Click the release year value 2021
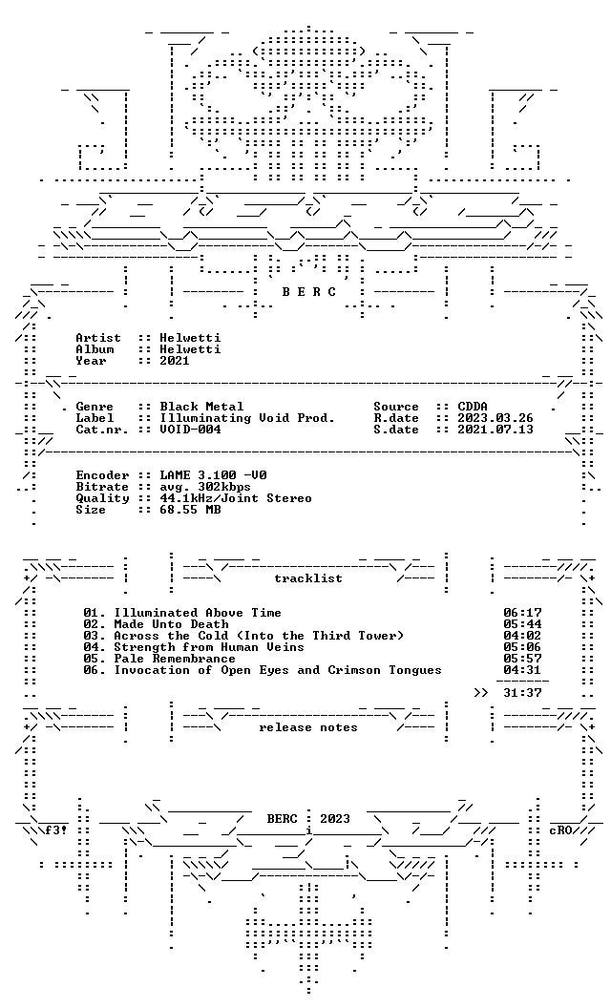(x=175, y=361)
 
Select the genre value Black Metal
(x=202, y=407)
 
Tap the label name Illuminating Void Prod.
(x=247, y=418)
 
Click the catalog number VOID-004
(x=190, y=430)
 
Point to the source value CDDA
(x=473, y=407)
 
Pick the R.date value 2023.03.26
(x=495, y=418)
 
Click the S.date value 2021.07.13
(x=495, y=430)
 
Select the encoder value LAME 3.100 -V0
(x=214, y=475)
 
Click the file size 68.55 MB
(x=190, y=510)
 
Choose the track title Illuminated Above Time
(x=198, y=613)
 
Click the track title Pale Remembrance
(x=175, y=659)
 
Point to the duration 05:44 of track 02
(x=522, y=624)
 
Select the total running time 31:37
(x=522, y=693)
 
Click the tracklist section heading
(x=308, y=578)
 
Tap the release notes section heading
(x=308, y=727)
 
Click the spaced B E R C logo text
(x=308, y=292)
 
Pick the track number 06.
(x=91, y=670)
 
